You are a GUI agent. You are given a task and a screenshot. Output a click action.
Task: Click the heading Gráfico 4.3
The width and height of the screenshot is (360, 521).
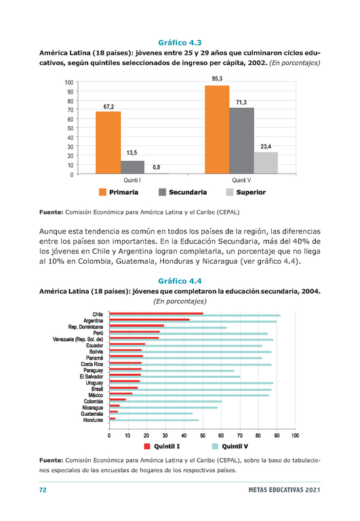(x=180, y=43)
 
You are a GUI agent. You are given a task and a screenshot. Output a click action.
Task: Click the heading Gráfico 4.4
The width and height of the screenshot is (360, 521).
(x=180, y=281)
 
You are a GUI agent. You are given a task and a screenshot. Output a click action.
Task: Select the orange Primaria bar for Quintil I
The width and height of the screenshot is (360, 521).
(x=108, y=142)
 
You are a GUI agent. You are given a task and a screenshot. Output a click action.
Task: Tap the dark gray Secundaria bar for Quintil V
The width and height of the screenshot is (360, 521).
(x=241, y=140)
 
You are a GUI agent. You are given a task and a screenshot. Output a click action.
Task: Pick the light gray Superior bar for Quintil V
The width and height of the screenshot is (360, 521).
(x=266, y=163)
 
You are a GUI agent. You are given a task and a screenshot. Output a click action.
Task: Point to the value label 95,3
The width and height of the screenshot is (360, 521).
(x=217, y=79)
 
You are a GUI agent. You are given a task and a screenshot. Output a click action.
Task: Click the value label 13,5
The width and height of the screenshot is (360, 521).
(x=132, y=153)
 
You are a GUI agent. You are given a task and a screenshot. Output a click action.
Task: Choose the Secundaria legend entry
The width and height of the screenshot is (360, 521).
(x=182, y=192)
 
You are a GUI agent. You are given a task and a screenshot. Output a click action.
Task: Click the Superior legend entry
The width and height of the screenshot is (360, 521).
(x=245, y=192)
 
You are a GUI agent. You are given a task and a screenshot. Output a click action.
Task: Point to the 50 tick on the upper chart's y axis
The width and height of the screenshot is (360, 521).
(x=71, y=128)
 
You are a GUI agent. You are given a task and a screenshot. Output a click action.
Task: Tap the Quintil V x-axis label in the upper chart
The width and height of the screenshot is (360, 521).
(x=241, y=180)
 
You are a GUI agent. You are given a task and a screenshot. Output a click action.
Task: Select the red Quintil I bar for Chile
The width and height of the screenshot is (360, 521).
(x=156, y=313)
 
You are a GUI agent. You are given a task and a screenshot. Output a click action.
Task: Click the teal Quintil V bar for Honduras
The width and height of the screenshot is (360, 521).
(x=154, y=421)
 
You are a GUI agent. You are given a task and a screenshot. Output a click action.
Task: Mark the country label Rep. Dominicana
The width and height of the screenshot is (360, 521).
(x=85, y=327)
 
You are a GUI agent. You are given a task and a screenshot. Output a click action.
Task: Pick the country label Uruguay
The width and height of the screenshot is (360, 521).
(x=94, y=383)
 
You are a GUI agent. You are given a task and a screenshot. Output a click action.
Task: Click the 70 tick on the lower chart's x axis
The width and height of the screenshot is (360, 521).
(x=240, y=436)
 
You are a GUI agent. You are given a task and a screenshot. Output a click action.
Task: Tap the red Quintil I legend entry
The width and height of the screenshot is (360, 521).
(x=162, y=446)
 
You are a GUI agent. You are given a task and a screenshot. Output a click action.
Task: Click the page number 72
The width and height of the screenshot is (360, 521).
(x=43, y=490)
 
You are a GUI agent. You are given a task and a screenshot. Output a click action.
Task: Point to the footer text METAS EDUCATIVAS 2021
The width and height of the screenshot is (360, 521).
(x=284, y=490)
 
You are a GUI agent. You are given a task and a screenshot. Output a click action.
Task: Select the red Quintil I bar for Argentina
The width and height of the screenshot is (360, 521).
(x=149, y=320)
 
